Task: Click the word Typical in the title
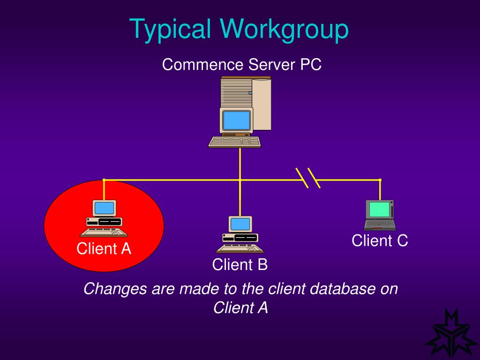tap(170, 29)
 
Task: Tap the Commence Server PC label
tap(241, 64)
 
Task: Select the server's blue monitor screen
tap(236, 120)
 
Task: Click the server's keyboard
tap(234, 142)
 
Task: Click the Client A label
tap(104, 248)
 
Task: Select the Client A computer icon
tap(104, 218)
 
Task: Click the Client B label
tap(240, 265)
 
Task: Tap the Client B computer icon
tap(240, 234)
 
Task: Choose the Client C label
tap(380, 240)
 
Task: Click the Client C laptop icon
tap(380, 216)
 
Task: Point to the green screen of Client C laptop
tap(379, 209)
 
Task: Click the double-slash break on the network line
tap(308, 178)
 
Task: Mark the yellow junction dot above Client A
tap(104, 180)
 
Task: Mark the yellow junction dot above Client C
tap(380, 180)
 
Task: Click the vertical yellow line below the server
tap(240, 164)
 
